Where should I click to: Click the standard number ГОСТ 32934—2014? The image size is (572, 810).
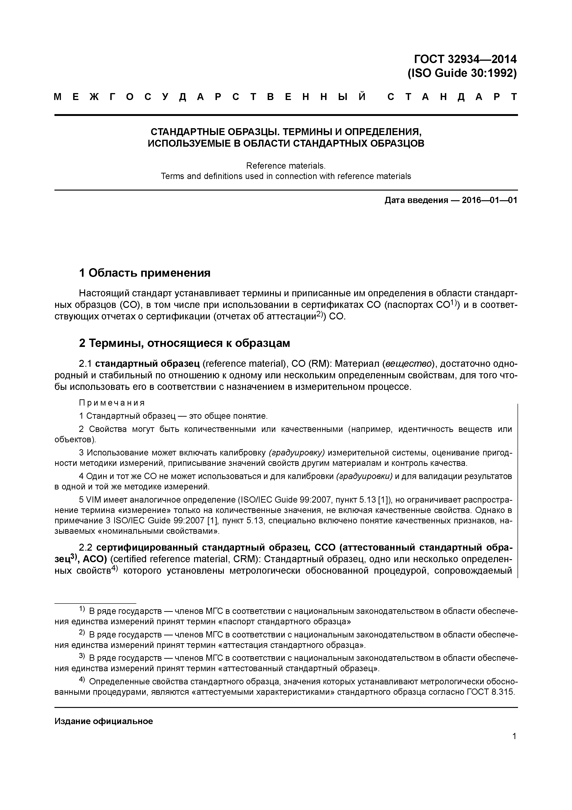pyautogui.click(x=465, y=59)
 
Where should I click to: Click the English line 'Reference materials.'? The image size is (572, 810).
pyautogui.click(x=286, y=166)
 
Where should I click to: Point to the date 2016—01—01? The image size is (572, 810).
pyautogui.click(x=490, y=201)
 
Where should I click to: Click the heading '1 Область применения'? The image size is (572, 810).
pyautogui.click(x=144, y=273)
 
